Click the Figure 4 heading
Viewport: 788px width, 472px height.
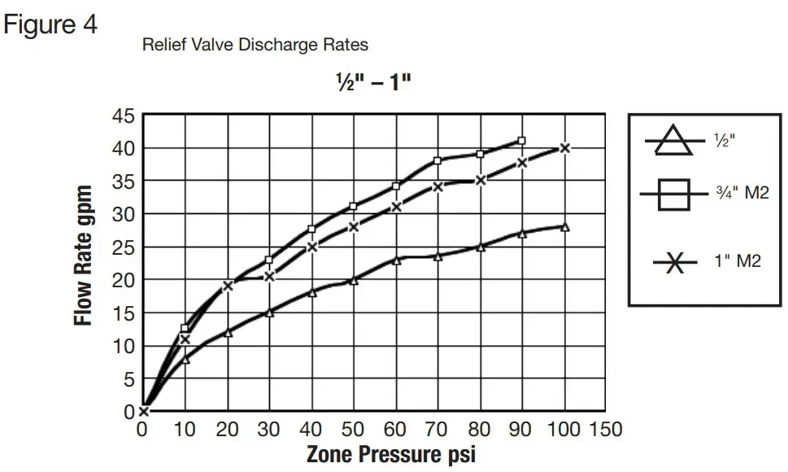pos(50,24)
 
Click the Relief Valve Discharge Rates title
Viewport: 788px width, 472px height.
pos(255,44)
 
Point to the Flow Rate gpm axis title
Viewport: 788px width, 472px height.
pos(84,255)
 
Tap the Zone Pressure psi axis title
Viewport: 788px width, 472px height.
pos(390,454)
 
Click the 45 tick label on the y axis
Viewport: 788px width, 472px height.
pos(123,116)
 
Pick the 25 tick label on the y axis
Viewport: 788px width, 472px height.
pos(123,247)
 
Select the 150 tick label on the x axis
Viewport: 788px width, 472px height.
pos(605,429)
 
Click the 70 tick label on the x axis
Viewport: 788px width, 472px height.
pos(438,429)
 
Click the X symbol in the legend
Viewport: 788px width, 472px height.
pos(674,263)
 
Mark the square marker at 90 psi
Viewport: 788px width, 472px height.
pos(521,141)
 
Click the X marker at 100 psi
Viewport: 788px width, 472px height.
pos(564,147)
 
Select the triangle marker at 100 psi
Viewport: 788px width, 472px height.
pos(564,227)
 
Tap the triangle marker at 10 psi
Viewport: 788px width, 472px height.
pos(185,359)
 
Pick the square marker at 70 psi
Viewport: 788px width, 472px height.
pos(438,160)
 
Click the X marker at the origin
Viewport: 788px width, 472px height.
pos(144,411)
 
